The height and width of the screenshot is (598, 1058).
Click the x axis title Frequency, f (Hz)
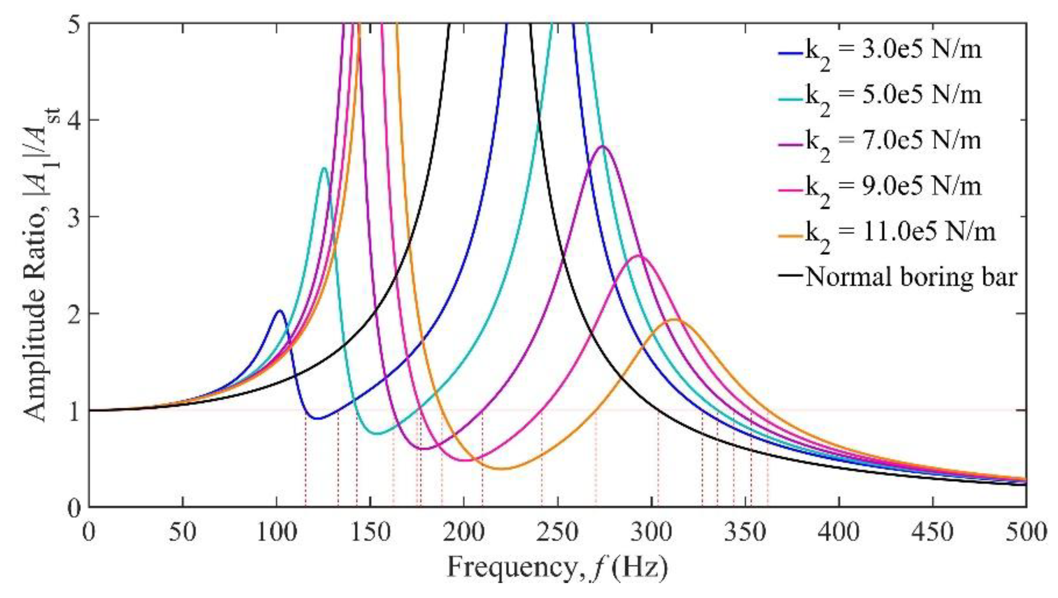pos(557,568)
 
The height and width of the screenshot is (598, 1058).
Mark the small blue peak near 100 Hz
pos(280,311)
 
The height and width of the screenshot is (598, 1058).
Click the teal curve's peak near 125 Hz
pos(324,168)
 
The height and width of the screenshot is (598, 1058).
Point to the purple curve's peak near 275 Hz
pos(603,146)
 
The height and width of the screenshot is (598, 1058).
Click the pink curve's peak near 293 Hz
pos(638,256)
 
